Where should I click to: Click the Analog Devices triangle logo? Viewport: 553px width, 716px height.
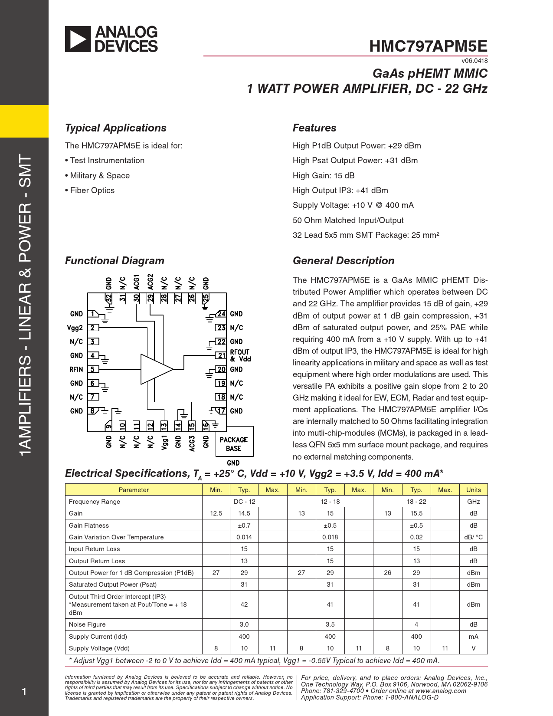click(x=78, y=39)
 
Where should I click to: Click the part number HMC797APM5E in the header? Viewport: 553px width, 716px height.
click(x=428, y=46)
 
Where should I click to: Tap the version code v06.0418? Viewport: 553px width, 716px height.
click(x=474, y=61)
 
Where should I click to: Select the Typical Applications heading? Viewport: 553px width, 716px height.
click(x=116, y=128)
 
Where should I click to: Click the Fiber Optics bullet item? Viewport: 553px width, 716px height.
click(x=90, y=190)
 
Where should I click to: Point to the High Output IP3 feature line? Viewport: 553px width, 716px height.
click(x=340, y=190)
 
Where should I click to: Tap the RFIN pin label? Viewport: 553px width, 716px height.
click(x=76, y=369)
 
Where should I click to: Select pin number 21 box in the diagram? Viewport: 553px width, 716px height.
click(x=221, y=355)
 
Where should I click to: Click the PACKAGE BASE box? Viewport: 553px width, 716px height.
click(x=234, y=441)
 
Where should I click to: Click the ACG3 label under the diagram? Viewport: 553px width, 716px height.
click(x=192, y=443)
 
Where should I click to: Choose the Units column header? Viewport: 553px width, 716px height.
click(x=473, y=489)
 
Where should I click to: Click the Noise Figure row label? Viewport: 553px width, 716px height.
click(x=87, y=624)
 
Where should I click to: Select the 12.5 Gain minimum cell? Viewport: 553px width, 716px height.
click(x=216, y=513)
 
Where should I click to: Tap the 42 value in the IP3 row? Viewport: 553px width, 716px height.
click(x=244, y=604)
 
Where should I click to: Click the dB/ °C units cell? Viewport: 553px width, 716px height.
click(x=473, y=537)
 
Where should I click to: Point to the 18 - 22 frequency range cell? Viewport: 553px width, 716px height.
click(x=416, y=502)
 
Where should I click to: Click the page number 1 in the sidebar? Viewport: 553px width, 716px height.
click(x=24, y=691)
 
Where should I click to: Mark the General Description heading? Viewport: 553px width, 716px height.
click(x=344, y=261)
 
